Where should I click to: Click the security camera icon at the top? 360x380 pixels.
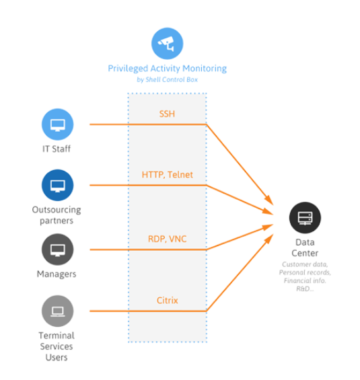(x=167, y=44)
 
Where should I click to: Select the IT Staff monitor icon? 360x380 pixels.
(x=57, y=124)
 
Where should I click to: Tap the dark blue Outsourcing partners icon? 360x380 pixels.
(x=57, y=185)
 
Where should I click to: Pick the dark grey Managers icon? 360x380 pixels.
(x=57, y=250)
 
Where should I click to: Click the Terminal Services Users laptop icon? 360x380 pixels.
(x=57, y=311)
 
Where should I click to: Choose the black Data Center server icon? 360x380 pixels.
(x=305, y=218)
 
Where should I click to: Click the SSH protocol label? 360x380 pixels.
(x=167, y=114)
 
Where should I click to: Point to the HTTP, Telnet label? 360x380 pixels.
(x=168, y=175)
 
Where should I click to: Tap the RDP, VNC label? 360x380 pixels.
(x=168, y=239)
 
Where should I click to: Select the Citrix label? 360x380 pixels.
(x=168, y=301)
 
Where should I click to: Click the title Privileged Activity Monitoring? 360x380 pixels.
(x=168, y=69)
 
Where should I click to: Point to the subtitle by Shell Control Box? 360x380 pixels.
(x=168, y=79)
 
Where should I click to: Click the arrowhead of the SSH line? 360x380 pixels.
(x=270, y=200)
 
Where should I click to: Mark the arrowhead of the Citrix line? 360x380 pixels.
(x=269, y=239)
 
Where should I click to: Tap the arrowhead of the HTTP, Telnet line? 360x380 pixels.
(x=268, y=212)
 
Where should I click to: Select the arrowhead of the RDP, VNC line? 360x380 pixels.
(x=268, y=227)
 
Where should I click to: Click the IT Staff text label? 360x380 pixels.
(x=57, y=149)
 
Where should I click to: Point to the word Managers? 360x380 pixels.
(x=57, y=274)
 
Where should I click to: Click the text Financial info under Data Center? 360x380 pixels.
(x=305, y=280)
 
